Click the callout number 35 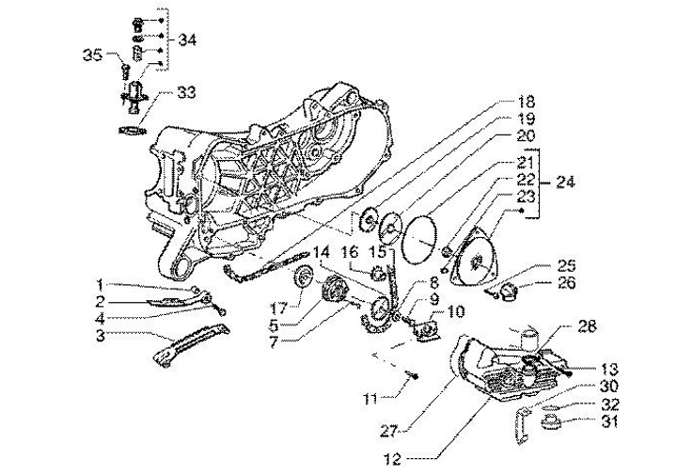tap(91, 55)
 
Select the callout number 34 tap(186, 40)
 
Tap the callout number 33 tap(186, 92)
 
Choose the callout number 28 tap(588, 325)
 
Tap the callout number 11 tap(371, 400)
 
